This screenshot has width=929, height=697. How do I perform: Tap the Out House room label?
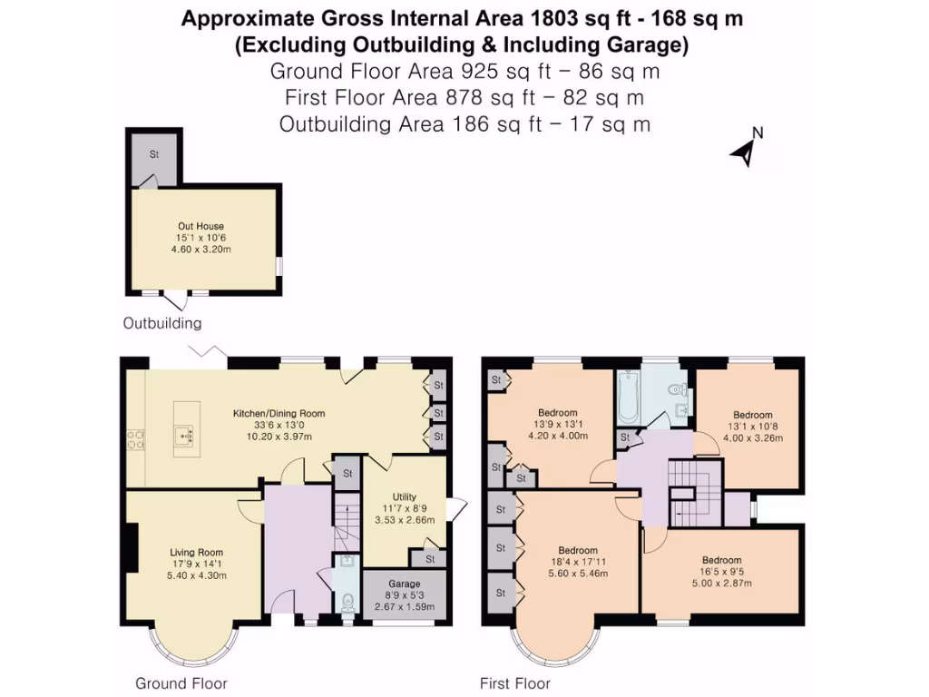point(200,226)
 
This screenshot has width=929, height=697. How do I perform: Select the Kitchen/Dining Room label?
point(279,413)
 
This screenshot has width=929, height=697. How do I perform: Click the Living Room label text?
point(196,552)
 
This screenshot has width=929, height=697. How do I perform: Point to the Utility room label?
point(404,496)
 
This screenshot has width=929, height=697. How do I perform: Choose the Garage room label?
point(405,584)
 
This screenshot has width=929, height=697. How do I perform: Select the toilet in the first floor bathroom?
point(672,389)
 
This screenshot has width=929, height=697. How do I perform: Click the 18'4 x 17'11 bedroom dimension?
point(577,563)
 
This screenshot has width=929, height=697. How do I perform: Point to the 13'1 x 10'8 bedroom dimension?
point(752,427)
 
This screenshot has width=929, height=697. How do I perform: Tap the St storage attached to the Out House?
point(154,155)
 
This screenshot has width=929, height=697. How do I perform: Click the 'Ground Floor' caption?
point(181,683)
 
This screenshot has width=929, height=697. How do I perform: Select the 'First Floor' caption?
point(514,683)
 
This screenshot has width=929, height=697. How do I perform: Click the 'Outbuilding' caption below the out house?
point(162,323)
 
